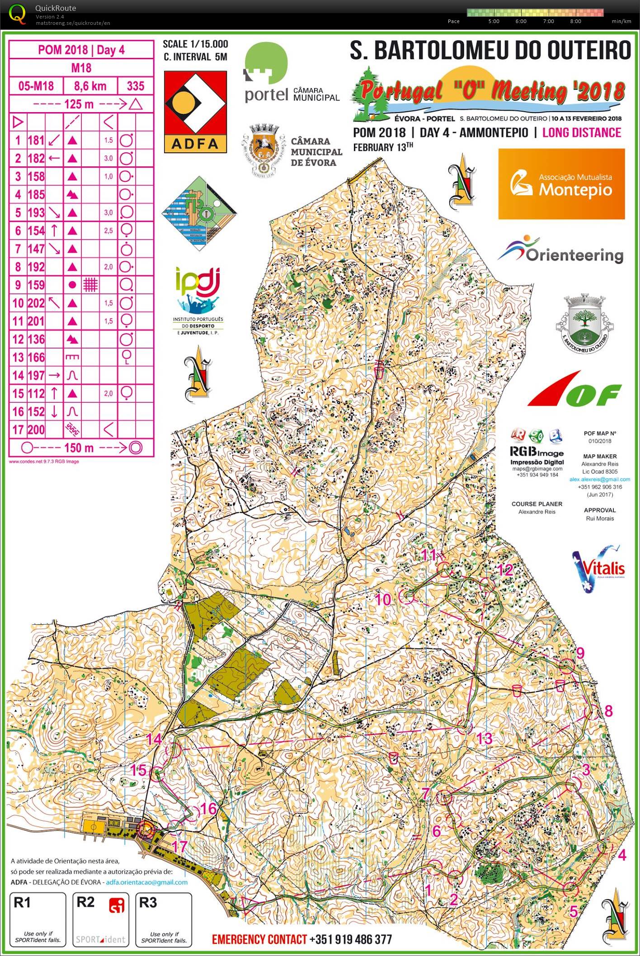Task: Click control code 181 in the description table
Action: pyautogui.click(x=36, y=140)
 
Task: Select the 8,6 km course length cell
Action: pyautogui.click(x=90, y=86)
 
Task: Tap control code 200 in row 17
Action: pyautogui.click(x=36, y=429)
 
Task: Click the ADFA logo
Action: pyautogui.click(x=195, y=112)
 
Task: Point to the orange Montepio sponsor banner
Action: pyautogui.click(x=561, y=184)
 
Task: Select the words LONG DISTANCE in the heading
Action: pyautogui.click(x=582, y=132)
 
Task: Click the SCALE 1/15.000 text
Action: pyautogui.click(x=195, y=44)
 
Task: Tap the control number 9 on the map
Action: pyautogui.click(x=580, y=653)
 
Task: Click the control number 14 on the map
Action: pyautogui.click(x=154, y=739)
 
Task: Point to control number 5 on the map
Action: pyautogui.click(x=574, y=911)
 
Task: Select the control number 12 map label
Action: pyautogui.click(x=505, y=570)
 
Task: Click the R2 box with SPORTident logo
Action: pyautogui.click(x=100, y=919)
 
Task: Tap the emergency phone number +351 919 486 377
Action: pyautogui.click(x=351, y=939)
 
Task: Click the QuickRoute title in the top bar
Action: pyautogui.click(x=56, y=8)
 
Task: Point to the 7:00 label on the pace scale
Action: pyautogui.click(x=548, y=21)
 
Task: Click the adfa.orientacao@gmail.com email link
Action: pyautogui.click(x=146, y=882)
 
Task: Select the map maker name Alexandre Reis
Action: pyautogui.click(x=600, y=464)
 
